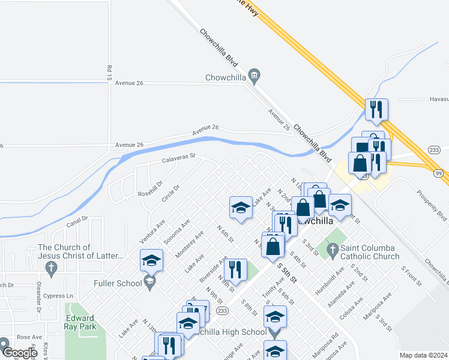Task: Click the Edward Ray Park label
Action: click(80, 323)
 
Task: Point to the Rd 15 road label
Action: click(109, 73)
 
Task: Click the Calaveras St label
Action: click(179, 158)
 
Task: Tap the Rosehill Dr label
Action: click(151, 190)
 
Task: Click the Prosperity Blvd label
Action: click(432, 206)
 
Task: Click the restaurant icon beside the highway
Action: click(376, 110)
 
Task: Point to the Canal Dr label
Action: click(77, 223)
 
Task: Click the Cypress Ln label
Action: click(61, 296)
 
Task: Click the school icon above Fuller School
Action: click(151, 260)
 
